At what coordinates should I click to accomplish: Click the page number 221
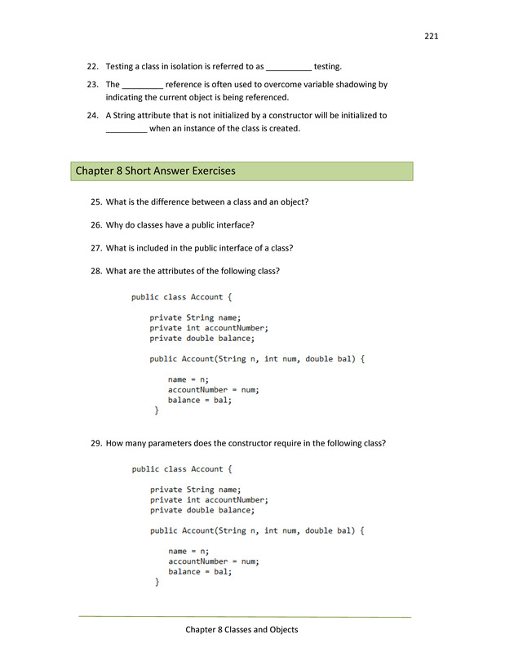(x=432, y=36)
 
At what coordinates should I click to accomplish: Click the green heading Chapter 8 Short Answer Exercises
(x=155, y=171)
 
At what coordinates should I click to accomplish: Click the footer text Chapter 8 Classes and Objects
(x=241, y=630)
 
